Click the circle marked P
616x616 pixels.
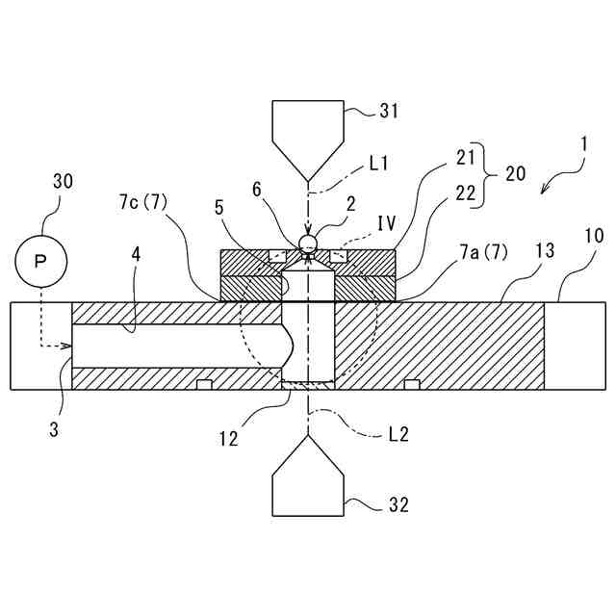(40, 261)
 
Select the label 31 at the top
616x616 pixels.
(388, 111)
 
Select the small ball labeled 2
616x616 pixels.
(308, 243)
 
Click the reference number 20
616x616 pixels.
(515, 173)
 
